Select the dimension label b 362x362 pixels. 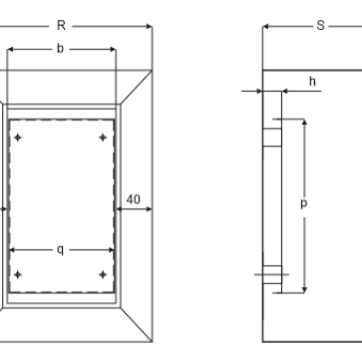[x=61, y=47]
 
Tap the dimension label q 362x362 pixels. [x=61, y=248]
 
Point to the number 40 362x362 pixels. [x=133, y=198]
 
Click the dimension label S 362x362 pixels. [x=320, y=28]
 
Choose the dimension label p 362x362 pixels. [x=303, y=203]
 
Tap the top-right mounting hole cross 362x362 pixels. [x=103, y=136]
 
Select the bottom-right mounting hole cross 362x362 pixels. [x=103, y=273]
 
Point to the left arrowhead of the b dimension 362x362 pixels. [x=10, y=47]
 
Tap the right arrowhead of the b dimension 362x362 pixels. [x=113, y=47]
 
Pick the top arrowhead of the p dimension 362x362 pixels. [x=303, y=121]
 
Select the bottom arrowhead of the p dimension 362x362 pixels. [x=303, y=291]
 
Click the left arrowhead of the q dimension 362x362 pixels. [x=12, y=248]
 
